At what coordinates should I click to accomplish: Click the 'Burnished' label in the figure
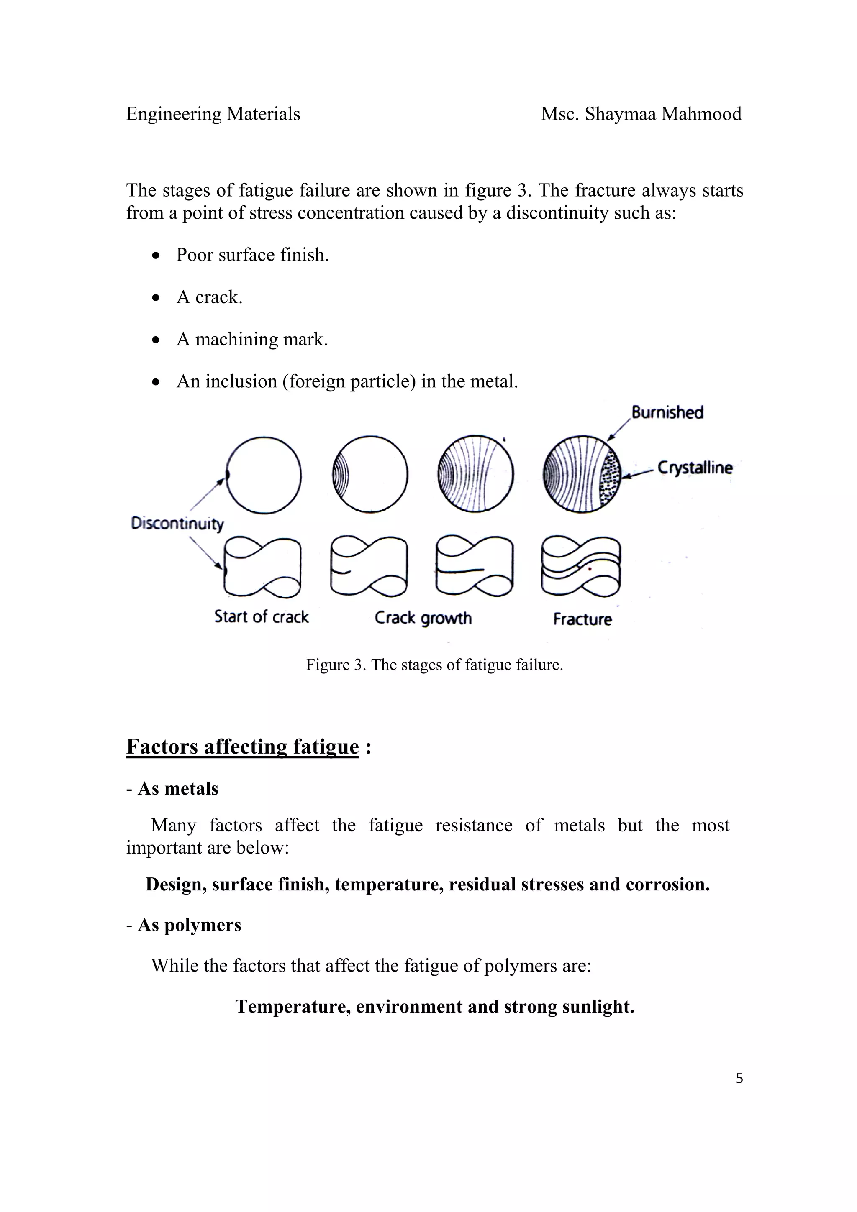click(x=667, y=412)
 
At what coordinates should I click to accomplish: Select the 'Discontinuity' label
click(x=177, y=523)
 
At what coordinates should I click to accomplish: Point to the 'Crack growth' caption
click(x=423, y=618)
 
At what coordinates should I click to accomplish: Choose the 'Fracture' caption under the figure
click(x=582, y=619)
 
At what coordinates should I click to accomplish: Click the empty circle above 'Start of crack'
click(x=264, y=475)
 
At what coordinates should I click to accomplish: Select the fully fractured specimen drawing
click(x=581, y=566)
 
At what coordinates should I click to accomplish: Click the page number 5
click(x=739, y=1079)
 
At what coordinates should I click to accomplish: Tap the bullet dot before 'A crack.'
click(x=155, y=298)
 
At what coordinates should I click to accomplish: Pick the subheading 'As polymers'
click(x=189, y=925)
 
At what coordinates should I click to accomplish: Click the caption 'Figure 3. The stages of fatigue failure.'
click(x=434, y=665)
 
